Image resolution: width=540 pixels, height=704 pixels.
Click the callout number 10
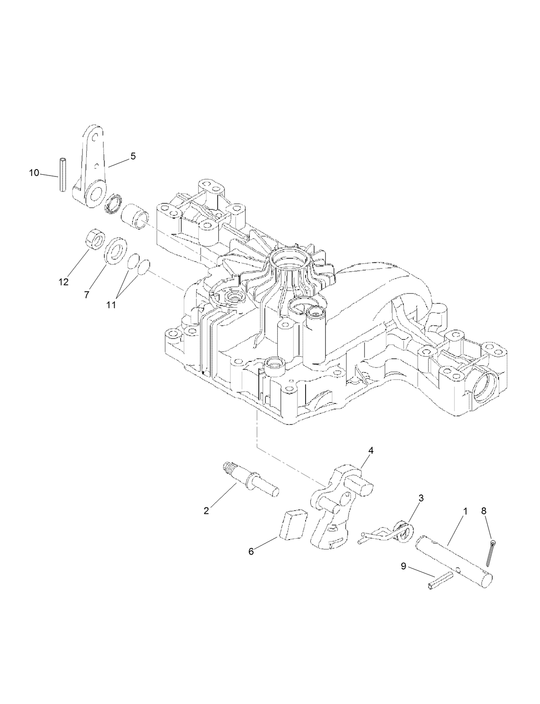coord(34,173)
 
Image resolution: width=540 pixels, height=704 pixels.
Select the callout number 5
coord(133,157)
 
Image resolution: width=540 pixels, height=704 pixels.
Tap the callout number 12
coord(64,282)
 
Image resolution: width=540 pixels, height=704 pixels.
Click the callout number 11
coord(111,305)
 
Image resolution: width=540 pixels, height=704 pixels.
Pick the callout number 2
coord(206,511)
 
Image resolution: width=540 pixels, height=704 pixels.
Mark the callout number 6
coord(251,552)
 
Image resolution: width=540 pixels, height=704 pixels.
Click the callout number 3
coord(421,498)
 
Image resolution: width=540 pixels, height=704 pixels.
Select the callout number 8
coord(484,511)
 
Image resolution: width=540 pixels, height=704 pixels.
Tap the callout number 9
coord(403,566)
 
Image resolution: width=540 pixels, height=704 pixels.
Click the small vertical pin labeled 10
coord(63,175)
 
